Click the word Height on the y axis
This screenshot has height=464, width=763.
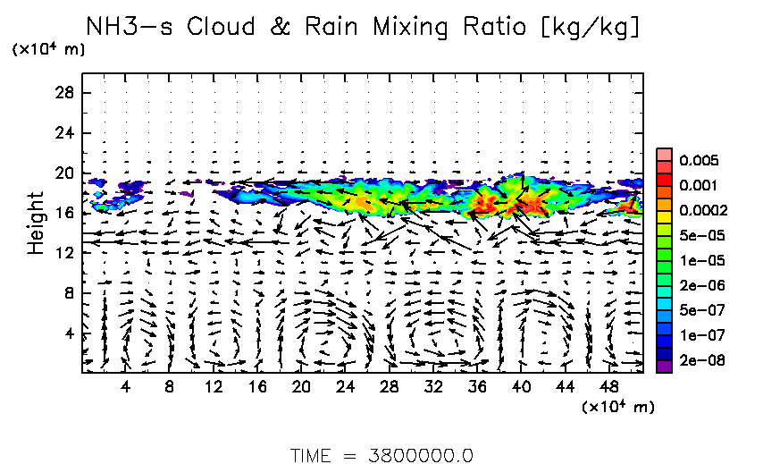coord(36,222)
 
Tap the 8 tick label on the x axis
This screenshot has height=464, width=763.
coord(170,387)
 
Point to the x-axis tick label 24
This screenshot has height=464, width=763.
coord(345,387)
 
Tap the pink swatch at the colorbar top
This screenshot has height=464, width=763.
coord(664,155)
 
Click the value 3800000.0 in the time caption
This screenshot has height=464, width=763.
coord(422,454)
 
